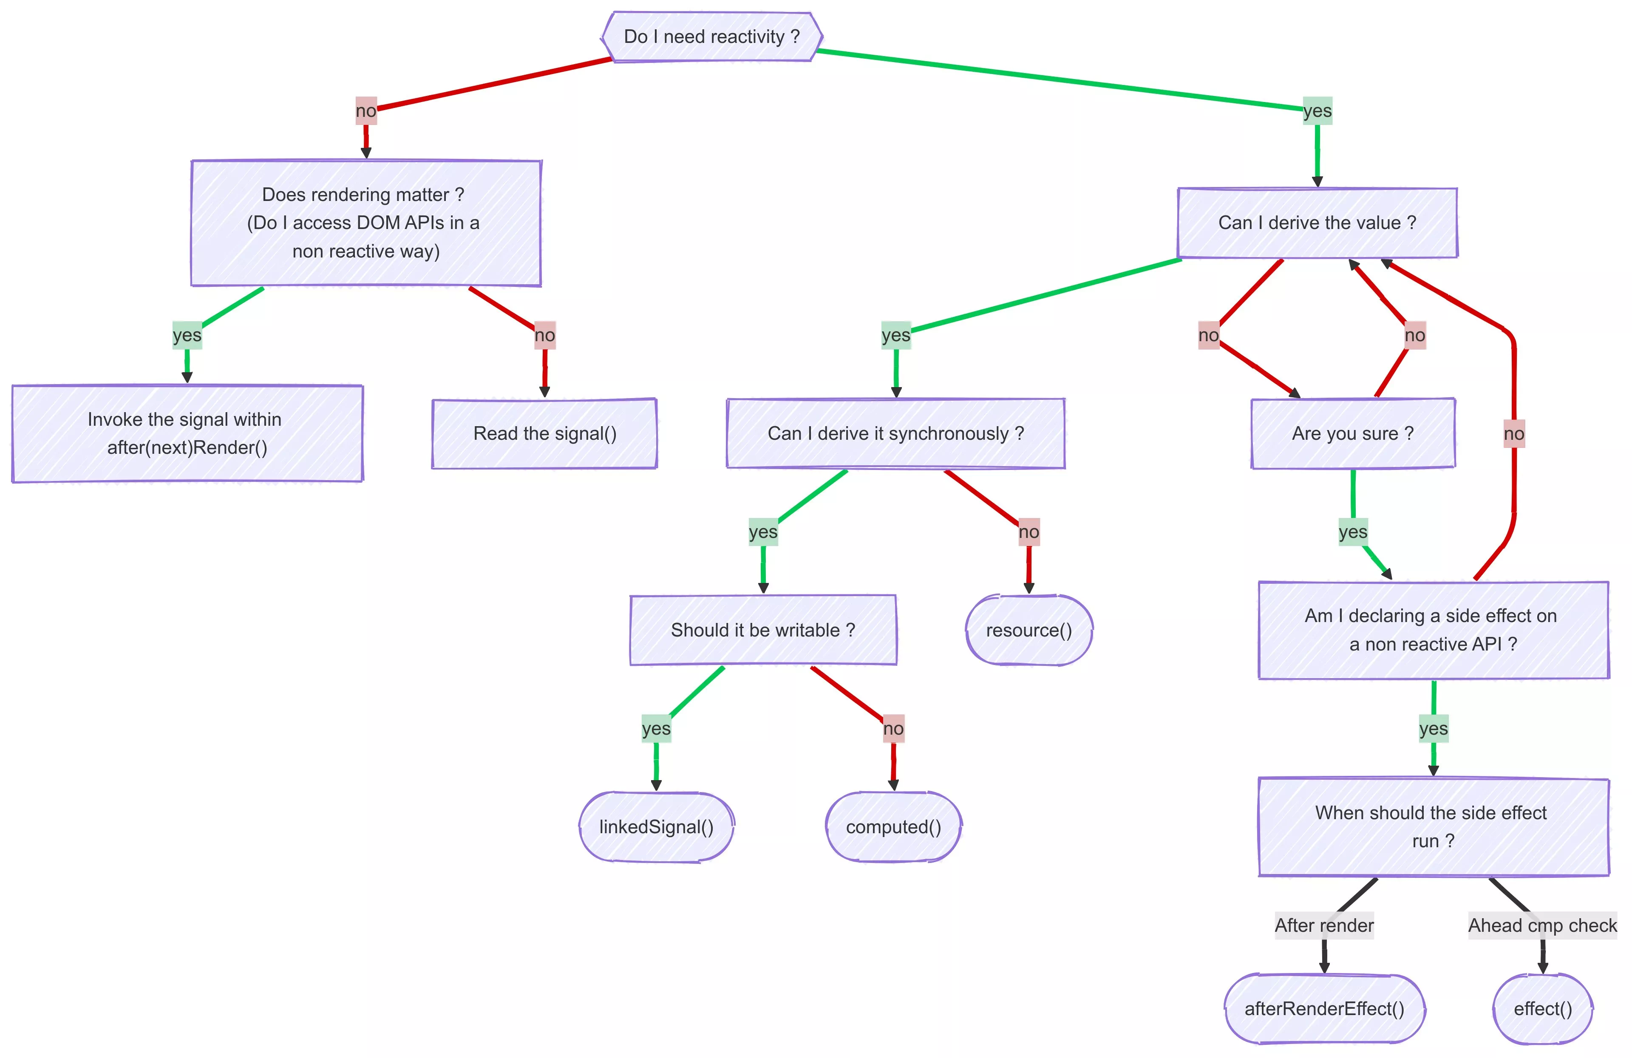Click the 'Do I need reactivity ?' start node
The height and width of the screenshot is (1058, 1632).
coord(712,37)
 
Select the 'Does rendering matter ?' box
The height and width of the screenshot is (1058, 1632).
coord(366,223)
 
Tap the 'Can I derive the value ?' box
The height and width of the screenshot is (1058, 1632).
coord(1317,223)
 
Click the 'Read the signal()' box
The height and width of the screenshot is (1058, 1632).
coord(544,433)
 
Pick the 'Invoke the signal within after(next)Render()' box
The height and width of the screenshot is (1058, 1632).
coord(187,433)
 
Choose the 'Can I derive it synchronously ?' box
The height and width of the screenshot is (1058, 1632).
coord(895,433)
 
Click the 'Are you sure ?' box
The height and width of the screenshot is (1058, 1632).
coord(1353,433)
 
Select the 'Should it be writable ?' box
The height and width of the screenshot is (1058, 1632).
coord(763,630)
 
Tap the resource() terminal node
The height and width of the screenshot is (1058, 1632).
coord(1028,630)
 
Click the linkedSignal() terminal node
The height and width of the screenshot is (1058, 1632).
coord(656,827)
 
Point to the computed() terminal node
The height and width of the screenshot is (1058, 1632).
coord(893,827)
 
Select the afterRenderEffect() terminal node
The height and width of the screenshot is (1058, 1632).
coord(1325,1009)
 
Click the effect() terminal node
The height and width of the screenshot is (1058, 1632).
coord(1543,1009)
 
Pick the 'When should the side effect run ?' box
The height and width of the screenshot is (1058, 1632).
coord(1434,827)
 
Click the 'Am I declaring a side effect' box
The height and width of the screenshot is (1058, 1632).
coord(1434,630)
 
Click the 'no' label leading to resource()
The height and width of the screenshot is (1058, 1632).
coord(1028,532)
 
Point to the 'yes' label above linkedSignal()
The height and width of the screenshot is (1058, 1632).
coord(656,729)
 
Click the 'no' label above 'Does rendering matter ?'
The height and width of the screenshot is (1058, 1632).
coord(366,111)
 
